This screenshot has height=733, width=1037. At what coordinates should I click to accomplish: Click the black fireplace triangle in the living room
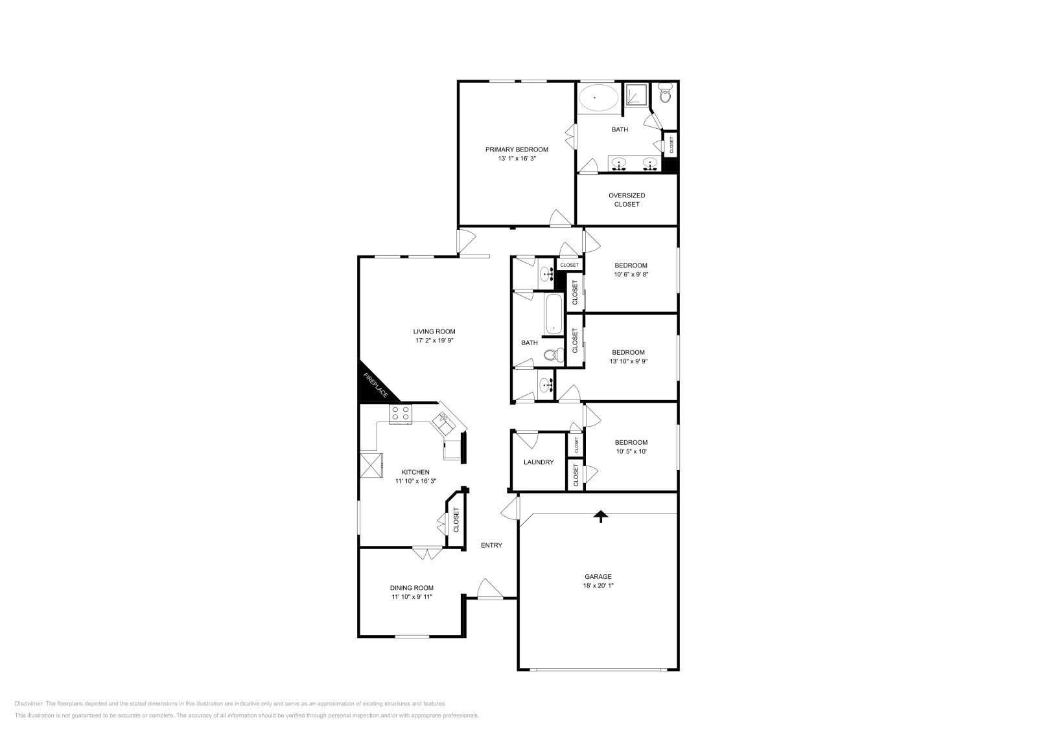tap(372, 387)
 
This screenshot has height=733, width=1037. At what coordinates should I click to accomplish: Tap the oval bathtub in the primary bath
tap(598, 99)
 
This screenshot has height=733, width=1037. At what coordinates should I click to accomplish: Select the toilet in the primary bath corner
tap(664, 95)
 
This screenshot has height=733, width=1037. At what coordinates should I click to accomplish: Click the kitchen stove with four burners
tap(400, 413)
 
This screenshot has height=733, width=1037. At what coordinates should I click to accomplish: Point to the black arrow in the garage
tap(601, 515)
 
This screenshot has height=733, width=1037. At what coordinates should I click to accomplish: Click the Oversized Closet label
tap(627, 199)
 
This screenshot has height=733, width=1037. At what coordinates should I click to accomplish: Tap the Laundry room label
tap(539, 462)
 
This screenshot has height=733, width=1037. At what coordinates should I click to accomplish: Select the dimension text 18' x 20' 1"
tap(598, 585)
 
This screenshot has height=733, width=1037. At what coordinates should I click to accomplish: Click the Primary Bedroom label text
tap(517, 149)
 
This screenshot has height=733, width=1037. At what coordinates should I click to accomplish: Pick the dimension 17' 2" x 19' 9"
tap(434, 340)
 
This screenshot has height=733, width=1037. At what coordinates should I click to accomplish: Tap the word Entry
tap(491, 545)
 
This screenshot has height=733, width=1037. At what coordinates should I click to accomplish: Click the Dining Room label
tap(412, 588)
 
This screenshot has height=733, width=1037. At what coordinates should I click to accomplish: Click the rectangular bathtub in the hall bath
tap(553, 315)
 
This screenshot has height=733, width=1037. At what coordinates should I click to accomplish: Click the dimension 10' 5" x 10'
tap(631, 451)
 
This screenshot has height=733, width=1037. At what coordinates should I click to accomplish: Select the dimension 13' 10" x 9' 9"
tap(628, 361)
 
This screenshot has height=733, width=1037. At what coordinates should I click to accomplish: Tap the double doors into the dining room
tap(428, 554)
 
